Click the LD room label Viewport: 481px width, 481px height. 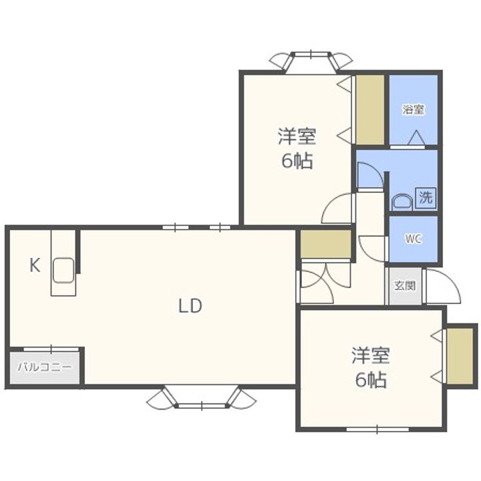(190, 306)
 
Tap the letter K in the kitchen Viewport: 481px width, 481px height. (35, 265)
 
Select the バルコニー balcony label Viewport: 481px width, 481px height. (45, 367)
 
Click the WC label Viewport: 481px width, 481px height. (414, 239)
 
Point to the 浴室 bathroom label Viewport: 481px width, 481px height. (414, 110)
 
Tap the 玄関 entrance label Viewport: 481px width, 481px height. (405, 286)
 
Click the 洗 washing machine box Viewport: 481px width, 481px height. (426, 198)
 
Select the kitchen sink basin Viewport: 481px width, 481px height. (63, 271)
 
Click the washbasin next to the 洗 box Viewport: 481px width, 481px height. (403, 202)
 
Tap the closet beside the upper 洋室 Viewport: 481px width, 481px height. (370, 110)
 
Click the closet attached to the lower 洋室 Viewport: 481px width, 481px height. (460, 356)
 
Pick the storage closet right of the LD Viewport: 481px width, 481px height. (326, 245)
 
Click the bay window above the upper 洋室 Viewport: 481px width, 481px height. (311, 62)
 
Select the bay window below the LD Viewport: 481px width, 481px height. (201, 397)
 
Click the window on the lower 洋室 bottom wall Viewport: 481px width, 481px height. (377, 429)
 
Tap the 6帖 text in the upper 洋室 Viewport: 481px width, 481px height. (297, 161)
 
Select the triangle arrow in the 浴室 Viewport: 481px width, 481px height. (417, 138)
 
